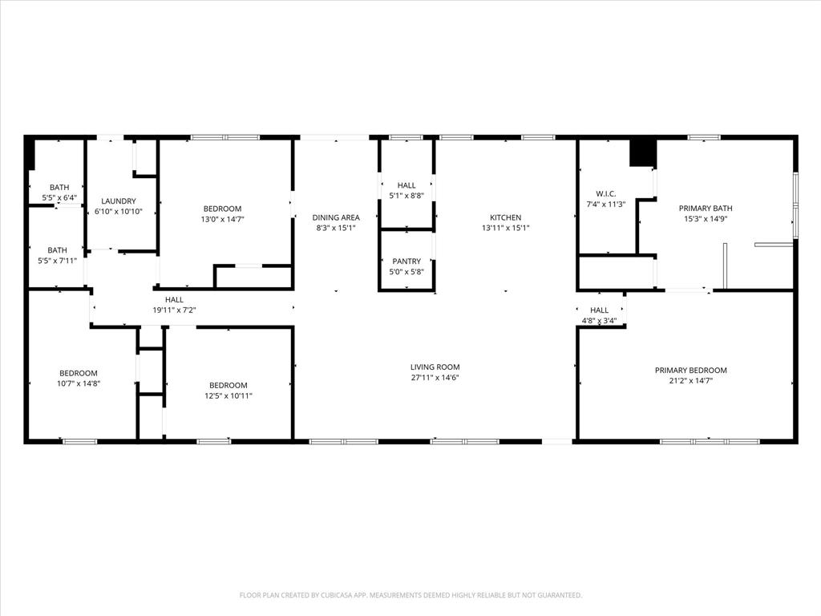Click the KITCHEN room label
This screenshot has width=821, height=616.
[506, 217]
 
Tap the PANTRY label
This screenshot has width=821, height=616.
[406, 261]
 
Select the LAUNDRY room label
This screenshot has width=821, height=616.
[119, 201]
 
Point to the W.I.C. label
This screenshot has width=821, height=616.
[605, 193]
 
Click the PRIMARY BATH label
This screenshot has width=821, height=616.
[706, 209]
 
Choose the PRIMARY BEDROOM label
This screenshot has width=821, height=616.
[690, 371]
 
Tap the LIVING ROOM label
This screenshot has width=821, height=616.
[435, 367]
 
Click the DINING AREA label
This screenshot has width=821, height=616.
[335, 217]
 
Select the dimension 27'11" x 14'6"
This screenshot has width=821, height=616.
[435, 378]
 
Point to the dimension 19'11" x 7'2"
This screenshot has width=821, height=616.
[174, 310]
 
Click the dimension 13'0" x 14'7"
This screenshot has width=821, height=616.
[221, 219]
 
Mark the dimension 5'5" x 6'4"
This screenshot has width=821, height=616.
[59, 197]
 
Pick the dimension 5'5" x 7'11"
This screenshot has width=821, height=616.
[59, 260]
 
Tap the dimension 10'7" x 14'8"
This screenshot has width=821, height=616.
[79, 383]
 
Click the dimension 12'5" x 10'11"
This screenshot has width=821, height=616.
[229, 395]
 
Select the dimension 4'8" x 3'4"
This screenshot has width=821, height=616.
[599, 321]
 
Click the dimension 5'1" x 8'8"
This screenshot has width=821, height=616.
[406, 196]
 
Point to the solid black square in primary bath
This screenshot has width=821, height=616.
[643, 153]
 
